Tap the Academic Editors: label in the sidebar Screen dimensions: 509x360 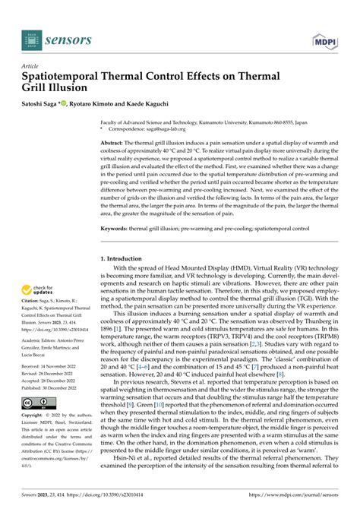click(46, 340)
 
